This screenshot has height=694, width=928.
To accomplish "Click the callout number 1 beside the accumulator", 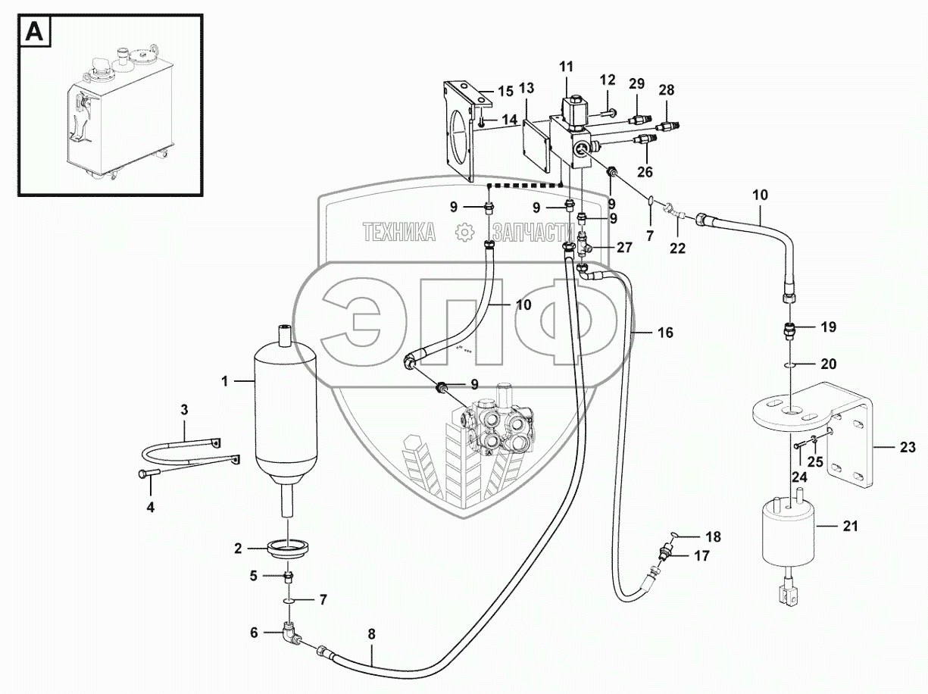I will [224, 383].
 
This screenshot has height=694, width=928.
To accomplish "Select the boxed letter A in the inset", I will [35, 32].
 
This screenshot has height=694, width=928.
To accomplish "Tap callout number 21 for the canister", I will [850, 527].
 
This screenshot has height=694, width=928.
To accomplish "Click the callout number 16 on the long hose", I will [665, 333].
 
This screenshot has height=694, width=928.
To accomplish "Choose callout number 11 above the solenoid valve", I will [567, 68].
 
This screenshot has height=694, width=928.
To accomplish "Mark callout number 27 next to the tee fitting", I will [624, 247].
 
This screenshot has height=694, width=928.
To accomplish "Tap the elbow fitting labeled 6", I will [289, 630].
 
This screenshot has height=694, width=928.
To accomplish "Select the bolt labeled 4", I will [146, 474].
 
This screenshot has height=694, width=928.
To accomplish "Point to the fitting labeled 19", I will [791, 330].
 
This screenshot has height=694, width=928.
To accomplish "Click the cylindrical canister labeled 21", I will [787, 534].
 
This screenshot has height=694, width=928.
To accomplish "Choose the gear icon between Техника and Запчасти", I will [463, 233].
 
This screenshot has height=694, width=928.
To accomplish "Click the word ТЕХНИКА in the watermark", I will [399, 233].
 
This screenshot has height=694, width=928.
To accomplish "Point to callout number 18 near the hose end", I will [712, 537].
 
